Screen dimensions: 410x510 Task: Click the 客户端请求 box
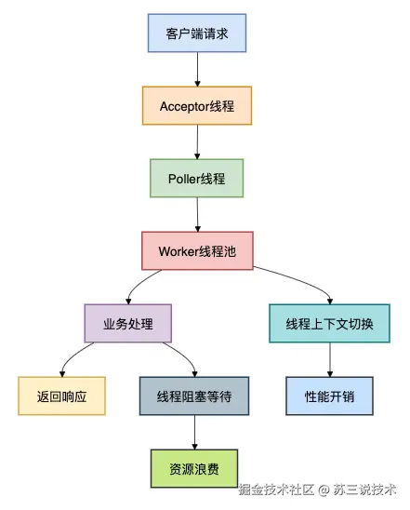pos(197,33)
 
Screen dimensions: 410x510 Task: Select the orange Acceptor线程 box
pos(197,106)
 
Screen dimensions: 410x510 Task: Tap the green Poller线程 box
pos(196,179)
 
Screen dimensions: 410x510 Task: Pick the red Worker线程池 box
pos(197,250)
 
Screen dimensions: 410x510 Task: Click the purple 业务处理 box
pos(128,323)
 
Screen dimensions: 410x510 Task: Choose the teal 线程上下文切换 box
pos(329,323)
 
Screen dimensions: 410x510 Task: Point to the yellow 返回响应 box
pos(61,396)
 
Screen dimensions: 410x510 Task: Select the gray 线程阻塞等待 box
pos(194,396)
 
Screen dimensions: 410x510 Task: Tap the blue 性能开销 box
pos(329,396)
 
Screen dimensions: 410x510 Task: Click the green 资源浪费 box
pos(194,469)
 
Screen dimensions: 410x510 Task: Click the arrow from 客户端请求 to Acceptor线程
pos(197,69)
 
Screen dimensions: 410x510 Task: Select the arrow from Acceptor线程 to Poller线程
pos(197,141)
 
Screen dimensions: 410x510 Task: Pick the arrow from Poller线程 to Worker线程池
pos(197,214)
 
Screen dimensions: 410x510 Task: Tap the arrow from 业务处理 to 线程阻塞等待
pos(184,355)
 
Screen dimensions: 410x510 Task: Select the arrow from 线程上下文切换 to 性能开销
pos(330,359)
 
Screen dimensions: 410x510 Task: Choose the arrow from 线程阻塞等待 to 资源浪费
pos(194,432)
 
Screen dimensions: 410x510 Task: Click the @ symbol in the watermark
pos(324,490)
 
